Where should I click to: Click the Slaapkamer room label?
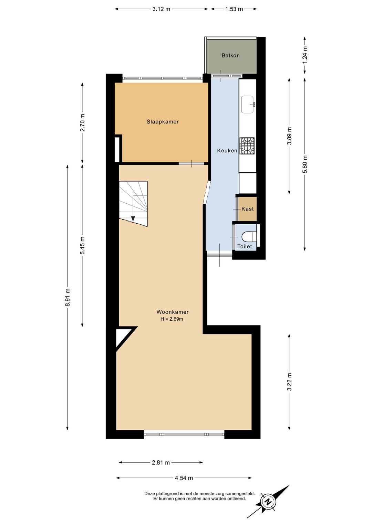pos(163,122)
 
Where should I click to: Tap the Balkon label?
pos(230,55)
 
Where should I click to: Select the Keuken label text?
pos(227,150)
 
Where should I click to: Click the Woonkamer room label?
pos(173,312)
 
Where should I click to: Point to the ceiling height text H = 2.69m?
pos(172,319)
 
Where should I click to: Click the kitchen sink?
pos(248,105)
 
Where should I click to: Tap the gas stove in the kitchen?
pos(247,146)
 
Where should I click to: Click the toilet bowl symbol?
pos(249,237)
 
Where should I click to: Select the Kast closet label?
pos(248,209)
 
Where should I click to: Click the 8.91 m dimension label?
pos(68,297)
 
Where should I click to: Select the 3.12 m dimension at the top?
pos(161,9)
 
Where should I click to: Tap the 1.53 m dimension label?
pos(234,9)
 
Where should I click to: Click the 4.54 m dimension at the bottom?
pos(184,478)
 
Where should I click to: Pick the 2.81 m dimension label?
pos(161,463)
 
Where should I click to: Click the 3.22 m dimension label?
pos(289,382)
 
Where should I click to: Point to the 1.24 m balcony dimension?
pos(305,55)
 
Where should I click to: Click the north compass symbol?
pos(268,502)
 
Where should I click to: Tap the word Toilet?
pos(245,246)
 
